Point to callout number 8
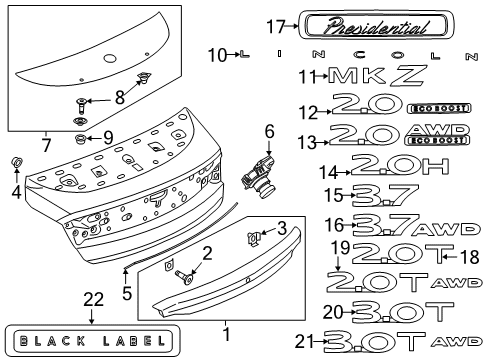coord(121,97)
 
